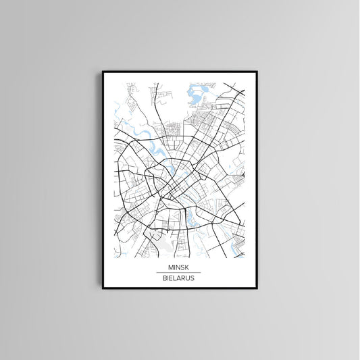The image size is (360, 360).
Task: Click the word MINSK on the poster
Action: (x=179, y=268)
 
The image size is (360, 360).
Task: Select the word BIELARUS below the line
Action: (x=179, y=278)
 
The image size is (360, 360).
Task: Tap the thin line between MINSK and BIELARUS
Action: (x=179, y=273)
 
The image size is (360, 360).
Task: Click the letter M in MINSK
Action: (x=169, y=268)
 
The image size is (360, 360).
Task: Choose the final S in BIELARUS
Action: (x=196, y=278)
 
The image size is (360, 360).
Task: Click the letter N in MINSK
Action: (x=178, y=268)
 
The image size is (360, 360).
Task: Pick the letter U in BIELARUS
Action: (x=190, y=278)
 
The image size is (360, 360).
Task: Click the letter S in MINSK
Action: (x=184, y=268)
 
